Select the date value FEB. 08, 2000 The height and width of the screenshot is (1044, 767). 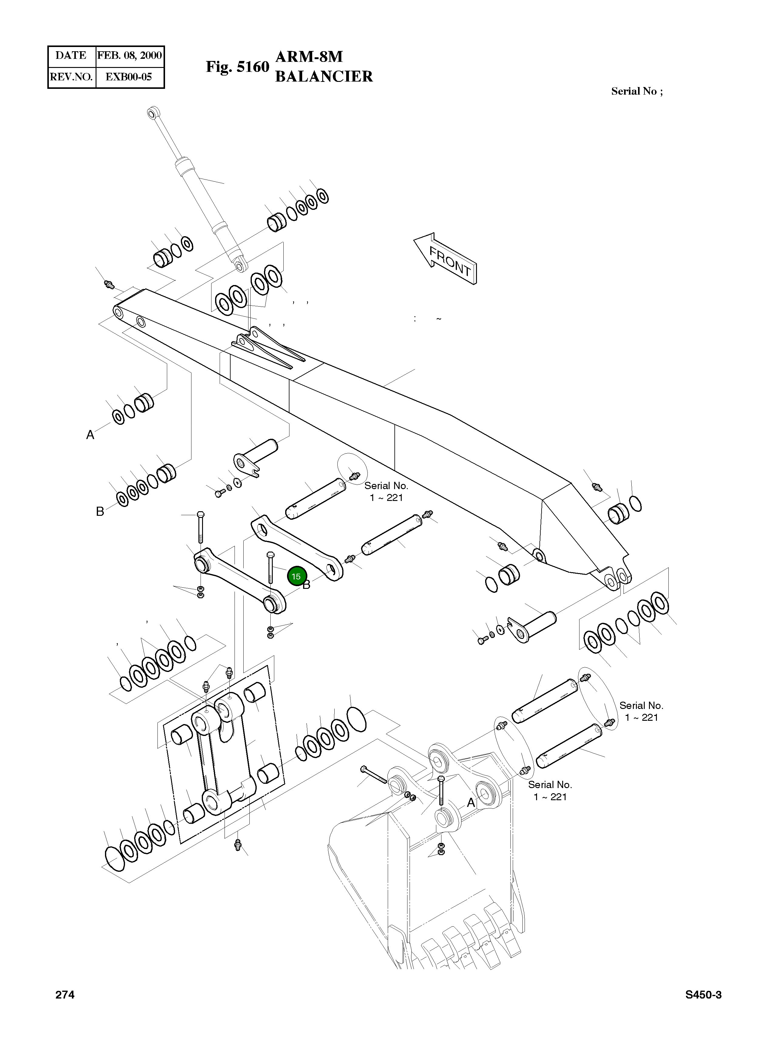pos(130,56)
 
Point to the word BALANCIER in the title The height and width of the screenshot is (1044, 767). pos(324,76)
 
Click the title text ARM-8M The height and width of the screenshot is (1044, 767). pos(309,57)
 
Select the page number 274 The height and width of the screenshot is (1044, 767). pos(65,994)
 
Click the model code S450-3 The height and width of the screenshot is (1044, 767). pos(703,994)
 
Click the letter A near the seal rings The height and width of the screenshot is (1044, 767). pos(90,435)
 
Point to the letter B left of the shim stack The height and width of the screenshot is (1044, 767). pos(100,511)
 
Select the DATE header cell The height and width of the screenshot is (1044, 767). pos(71,56)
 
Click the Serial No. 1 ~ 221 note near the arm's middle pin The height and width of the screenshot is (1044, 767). pos(386,492)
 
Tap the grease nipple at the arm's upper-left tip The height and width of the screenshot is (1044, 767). pos(109,284)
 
